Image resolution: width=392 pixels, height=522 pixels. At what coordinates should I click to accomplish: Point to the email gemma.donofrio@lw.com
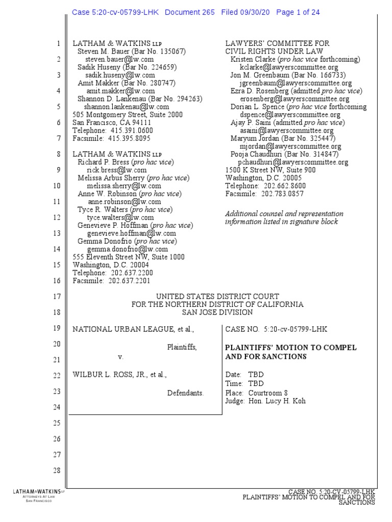pyautogui.click(x=127, y=249)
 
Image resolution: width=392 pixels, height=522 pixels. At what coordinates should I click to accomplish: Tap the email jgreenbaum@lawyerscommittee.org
pyautogui.click(x=296, y=83)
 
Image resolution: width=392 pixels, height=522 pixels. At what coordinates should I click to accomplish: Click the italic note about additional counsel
pyautogui.click(x=284, y=218)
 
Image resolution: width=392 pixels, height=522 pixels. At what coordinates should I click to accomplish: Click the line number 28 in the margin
pyautogui.click(x=57, y=470)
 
